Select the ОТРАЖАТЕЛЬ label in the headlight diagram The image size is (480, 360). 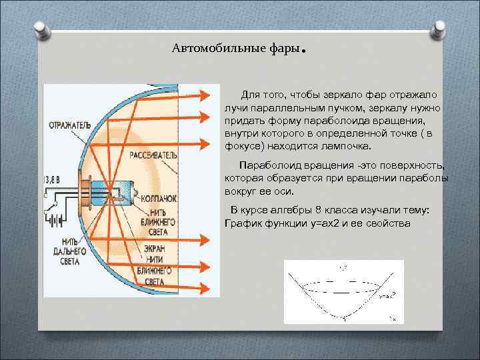(70, 123)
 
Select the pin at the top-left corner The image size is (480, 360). (39, 29)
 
